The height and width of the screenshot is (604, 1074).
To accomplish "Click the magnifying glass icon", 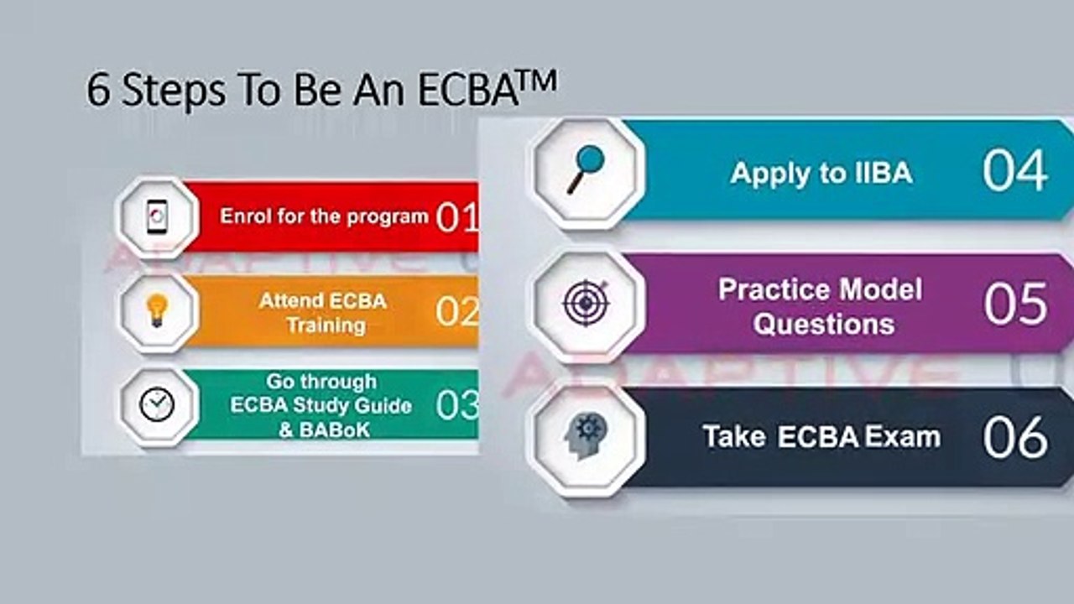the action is (x=586, y=169).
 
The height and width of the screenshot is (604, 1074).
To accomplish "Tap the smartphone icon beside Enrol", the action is (x=157, y=217).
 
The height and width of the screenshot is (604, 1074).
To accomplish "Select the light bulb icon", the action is (x=157, y=311).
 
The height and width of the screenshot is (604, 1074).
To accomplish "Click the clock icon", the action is (x=157, y=404).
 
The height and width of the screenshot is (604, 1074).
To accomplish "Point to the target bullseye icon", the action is (x=586, y=303).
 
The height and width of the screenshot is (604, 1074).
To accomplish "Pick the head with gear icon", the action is (x=586, y=435).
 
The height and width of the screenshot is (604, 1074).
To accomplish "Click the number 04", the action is (x=1014, y=170).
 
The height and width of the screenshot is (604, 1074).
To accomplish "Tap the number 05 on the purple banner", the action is (x=1015, y=304).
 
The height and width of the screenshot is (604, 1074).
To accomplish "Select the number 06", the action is (x=1015, y=437).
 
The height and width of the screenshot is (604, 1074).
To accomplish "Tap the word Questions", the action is (x=824, y=324).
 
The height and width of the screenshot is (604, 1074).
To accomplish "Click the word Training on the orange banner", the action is (x=326, y=325).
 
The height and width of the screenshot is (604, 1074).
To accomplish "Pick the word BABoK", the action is (x=335, y=430).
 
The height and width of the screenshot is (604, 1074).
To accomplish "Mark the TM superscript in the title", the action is (x=538, y=81).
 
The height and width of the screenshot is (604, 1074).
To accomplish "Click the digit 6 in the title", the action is (x=98, y=90).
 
